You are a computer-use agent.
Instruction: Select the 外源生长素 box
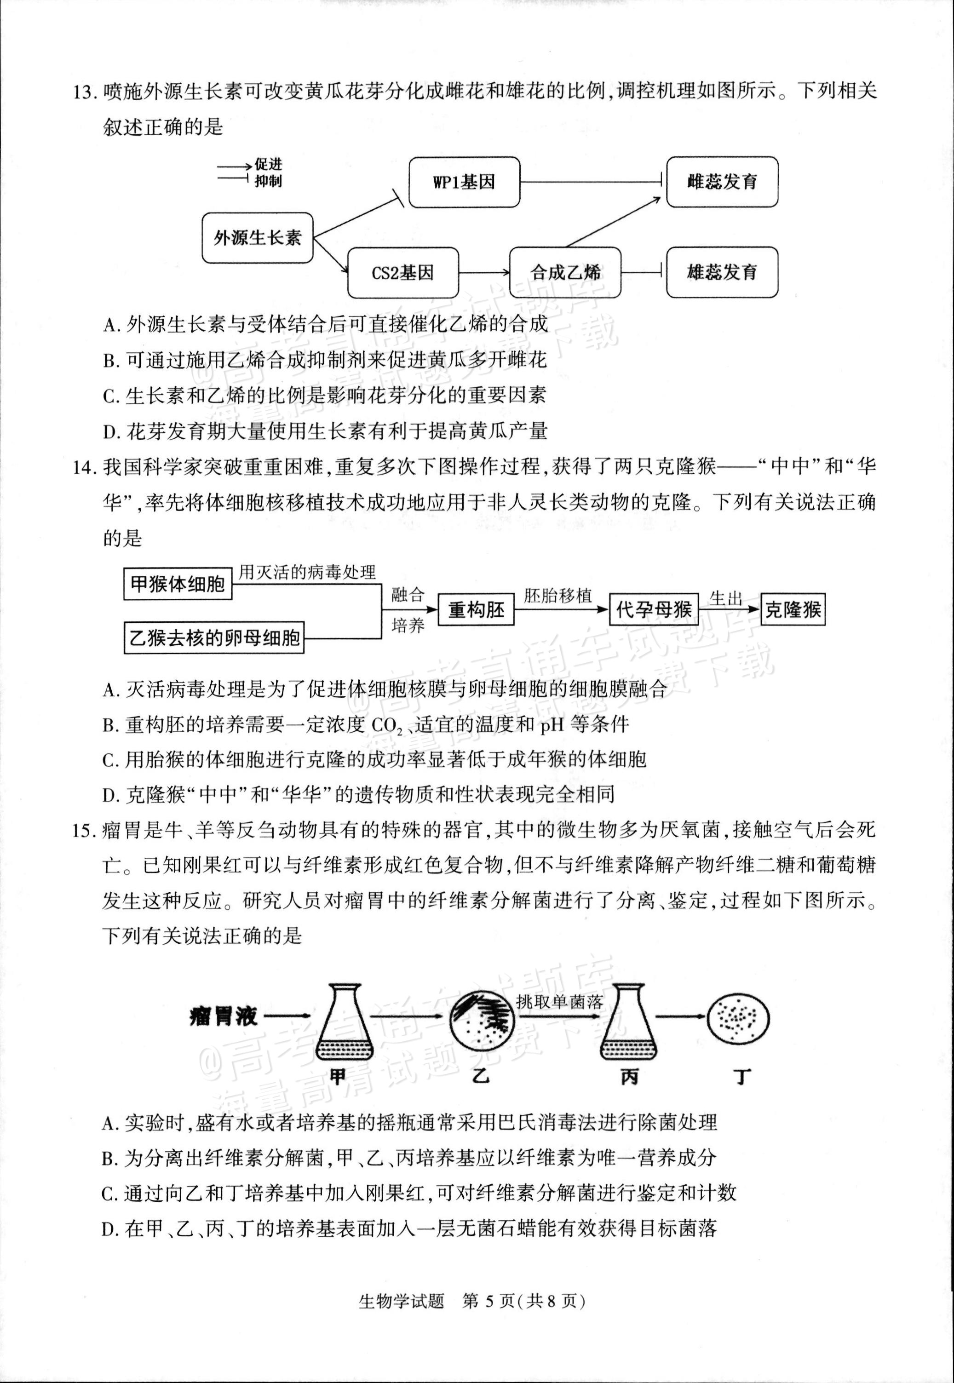(257, 237)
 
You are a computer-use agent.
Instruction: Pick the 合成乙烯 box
(565, 273)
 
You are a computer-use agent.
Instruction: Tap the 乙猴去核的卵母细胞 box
(214, 638)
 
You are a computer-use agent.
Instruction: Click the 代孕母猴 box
(653, 609)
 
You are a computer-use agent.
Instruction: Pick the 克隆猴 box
(793, 609)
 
